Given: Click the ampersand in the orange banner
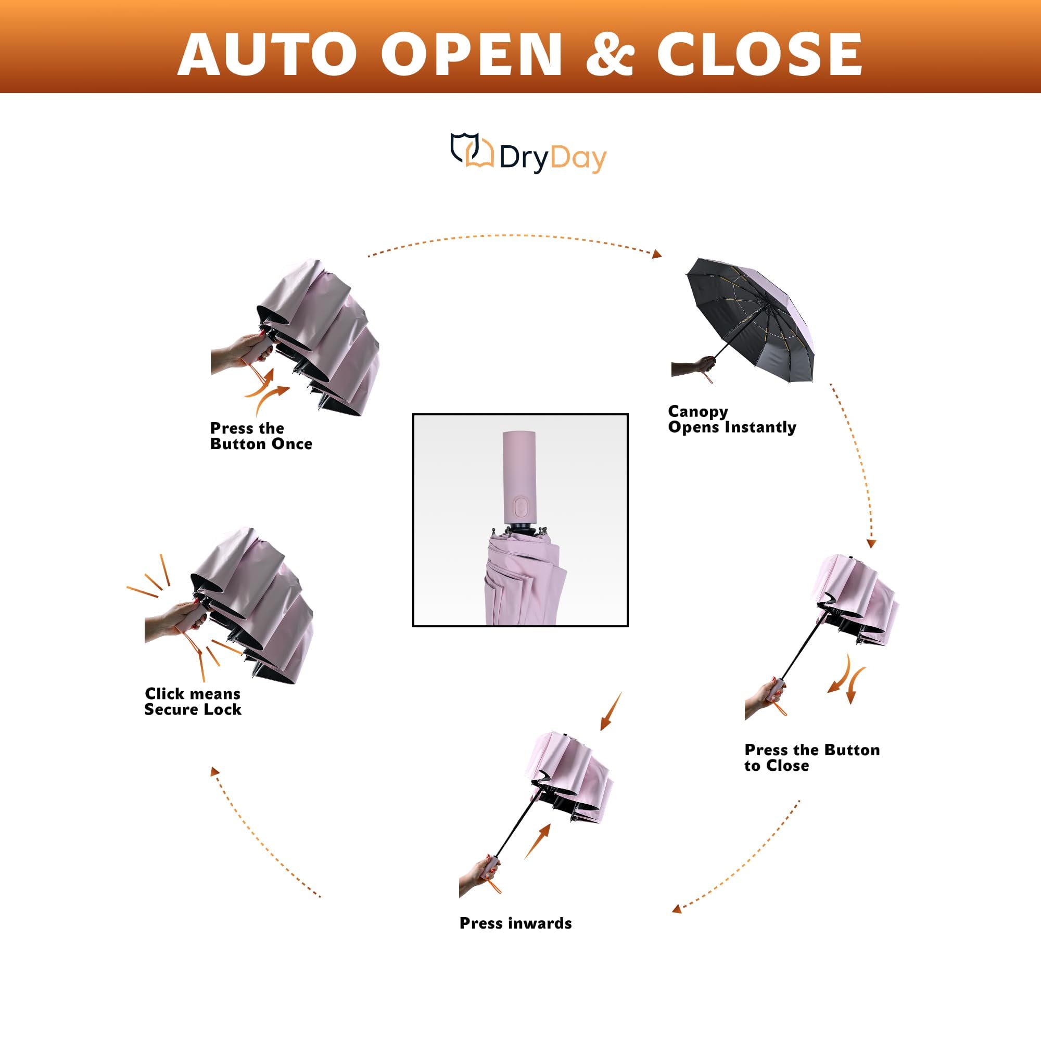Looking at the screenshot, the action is (610, 54).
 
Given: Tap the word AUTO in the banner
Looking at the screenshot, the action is (267, 54).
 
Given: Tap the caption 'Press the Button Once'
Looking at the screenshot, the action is (261, 436).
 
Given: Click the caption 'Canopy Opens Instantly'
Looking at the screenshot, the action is (732, 419).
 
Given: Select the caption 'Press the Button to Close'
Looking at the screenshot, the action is (812, 757).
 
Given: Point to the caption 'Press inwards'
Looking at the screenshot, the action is (516, 923).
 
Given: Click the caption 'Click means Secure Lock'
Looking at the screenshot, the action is (193, 702).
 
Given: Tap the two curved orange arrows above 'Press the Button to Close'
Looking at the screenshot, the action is (846, 679).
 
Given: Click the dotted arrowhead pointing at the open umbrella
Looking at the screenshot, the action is (657, 254).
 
